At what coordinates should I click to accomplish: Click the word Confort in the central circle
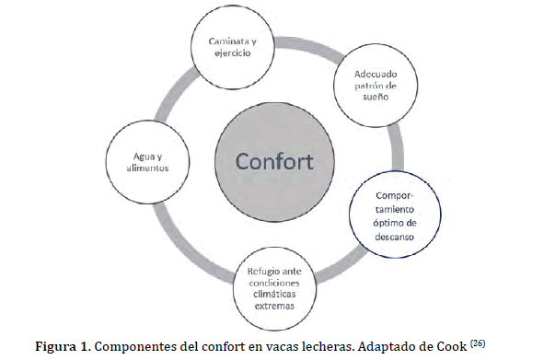274,161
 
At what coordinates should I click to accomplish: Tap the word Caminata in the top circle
228,41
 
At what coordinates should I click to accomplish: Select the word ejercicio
233,53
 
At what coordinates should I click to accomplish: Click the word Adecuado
376,74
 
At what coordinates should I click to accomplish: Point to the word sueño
376,97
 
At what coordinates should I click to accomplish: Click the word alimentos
147,168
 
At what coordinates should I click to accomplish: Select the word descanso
394,237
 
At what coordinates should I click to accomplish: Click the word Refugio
261,272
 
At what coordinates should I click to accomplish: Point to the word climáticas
274,294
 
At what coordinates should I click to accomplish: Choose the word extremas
274,306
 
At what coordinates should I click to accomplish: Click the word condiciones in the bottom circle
274,284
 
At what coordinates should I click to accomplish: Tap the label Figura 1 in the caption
63,346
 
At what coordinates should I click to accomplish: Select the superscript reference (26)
478,343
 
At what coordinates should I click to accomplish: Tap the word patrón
369,86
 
